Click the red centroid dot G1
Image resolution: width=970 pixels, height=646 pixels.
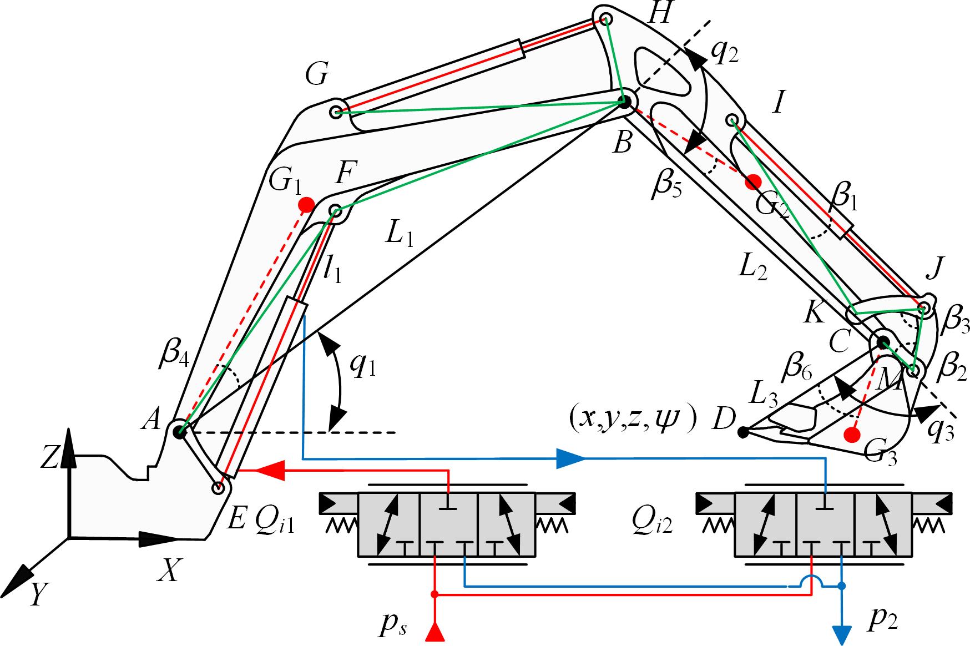pos(305,205)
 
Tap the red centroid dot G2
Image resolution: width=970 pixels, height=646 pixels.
pos(753,180)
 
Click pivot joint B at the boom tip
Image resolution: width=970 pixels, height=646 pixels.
pos(624,102)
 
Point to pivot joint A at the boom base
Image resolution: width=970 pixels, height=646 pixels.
pos(179,432)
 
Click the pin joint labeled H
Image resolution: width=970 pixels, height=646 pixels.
pos(606,19)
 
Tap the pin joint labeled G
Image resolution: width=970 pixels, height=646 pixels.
pos(336,112)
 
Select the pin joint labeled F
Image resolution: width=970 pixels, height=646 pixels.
pos(335,210)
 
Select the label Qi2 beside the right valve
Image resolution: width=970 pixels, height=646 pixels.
pos(653,522)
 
